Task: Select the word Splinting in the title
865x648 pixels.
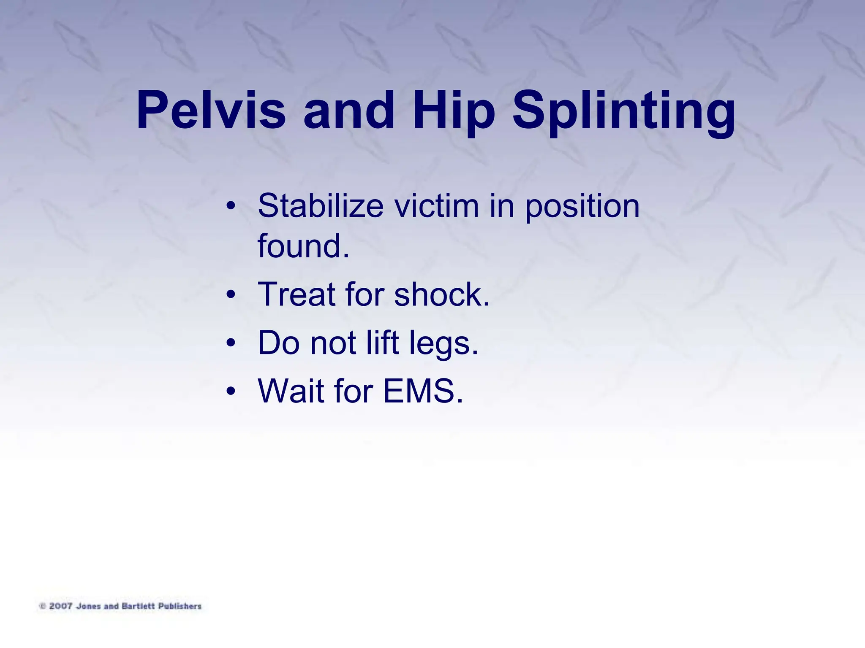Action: coord(624,111)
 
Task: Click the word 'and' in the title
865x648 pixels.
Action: coord(349,111)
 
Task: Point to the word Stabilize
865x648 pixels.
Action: coord(321,206)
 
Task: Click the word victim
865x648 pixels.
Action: coord(436,206)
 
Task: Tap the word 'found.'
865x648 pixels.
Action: coord(303,246)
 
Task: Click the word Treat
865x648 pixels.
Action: coord(296,294)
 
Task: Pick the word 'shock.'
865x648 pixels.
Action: coord(442,294)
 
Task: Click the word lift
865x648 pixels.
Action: coord(382,342)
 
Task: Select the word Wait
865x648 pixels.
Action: coord(291,391)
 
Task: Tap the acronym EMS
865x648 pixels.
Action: coord(423,391)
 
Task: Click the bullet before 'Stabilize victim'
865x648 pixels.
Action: coord(230,206)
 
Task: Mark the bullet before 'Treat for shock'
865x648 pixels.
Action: coord(230,294)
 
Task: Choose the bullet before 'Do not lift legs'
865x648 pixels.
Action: coord(230,343)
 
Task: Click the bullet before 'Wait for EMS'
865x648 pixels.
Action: coord(230,391)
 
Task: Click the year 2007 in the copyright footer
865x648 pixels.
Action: coord(61,606)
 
